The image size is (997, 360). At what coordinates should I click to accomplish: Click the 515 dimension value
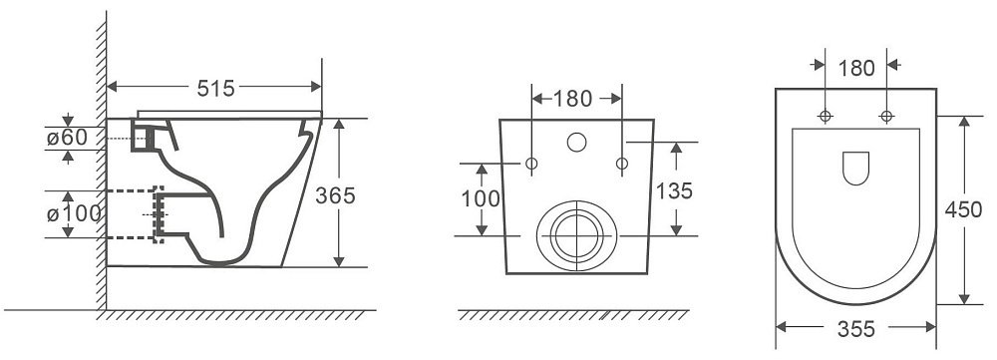(215, 88)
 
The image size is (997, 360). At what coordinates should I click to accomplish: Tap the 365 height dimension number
(335, 195)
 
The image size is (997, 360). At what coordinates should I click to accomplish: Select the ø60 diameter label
(67, 137)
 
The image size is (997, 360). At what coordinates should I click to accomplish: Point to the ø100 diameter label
(74, 213)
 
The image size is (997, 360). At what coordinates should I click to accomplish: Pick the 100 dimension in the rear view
(481, 198)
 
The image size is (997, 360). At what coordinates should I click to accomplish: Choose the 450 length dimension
(963, 209)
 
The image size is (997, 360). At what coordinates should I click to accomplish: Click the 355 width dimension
(855, 329)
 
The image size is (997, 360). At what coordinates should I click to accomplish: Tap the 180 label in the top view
(856, 68)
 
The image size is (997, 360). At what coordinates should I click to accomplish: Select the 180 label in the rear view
(572, 99)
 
